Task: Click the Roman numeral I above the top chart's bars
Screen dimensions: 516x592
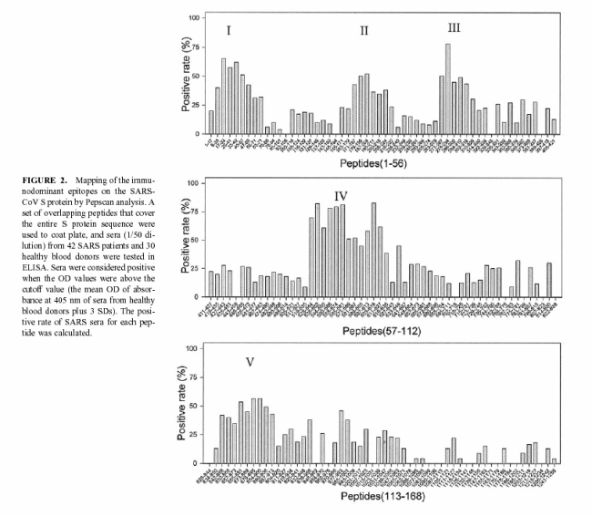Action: (x=229, y=30)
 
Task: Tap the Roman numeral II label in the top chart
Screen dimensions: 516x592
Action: (x=363, y=31)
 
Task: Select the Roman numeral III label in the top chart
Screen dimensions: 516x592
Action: (x=454, y=28)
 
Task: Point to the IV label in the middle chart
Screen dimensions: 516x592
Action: (x=341, y=196)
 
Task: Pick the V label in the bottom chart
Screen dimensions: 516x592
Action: (x=250, y=363)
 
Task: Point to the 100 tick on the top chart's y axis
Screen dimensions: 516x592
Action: (x=194, y=17)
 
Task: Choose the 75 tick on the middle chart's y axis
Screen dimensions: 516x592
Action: (x=196, y=212)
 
